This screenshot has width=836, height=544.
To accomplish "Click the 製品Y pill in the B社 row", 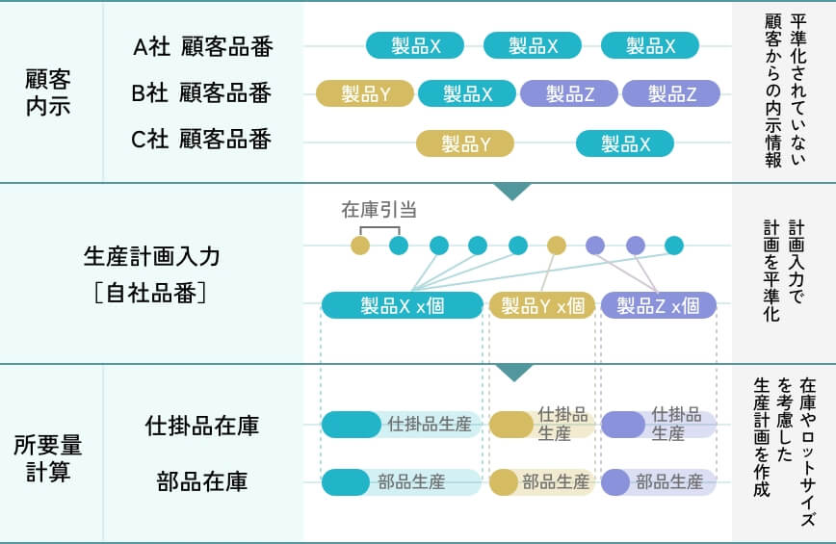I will pos(365,93).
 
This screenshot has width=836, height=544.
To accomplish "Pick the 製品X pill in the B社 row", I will pos(467,93).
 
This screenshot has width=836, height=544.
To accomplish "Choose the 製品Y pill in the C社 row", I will pos(465,143).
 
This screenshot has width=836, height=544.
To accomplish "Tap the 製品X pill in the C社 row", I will pos(625,143).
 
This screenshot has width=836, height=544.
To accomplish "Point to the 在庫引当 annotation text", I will pos(379,209).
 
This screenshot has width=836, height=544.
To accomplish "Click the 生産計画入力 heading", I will pos(152,256).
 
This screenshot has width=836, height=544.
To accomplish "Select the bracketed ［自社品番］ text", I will pos(152,292).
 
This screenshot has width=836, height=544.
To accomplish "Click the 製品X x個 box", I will pos(402,305).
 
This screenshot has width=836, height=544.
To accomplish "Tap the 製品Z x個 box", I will pos(659,305).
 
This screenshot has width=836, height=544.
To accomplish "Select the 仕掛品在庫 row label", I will pos(202,426).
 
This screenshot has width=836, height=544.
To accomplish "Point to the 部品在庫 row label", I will pos(202,481).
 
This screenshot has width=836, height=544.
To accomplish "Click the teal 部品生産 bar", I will pos(402,481).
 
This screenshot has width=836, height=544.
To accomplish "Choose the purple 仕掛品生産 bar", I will pos(659,425).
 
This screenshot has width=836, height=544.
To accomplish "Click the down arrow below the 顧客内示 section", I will pos(512,191).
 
